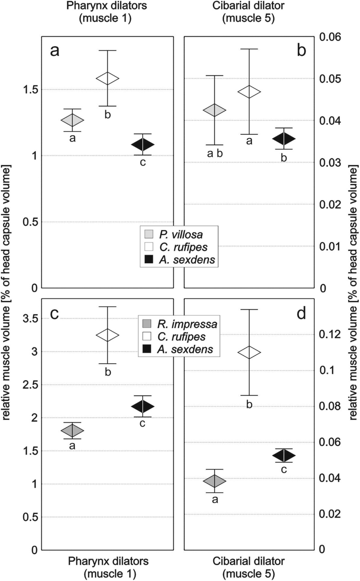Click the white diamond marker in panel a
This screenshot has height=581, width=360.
(x=107, y=78)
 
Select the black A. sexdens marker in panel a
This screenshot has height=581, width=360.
(x=143, y=144)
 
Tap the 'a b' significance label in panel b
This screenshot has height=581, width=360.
(x=215, y=154)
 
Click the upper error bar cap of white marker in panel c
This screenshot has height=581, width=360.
(x=107, y=307)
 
